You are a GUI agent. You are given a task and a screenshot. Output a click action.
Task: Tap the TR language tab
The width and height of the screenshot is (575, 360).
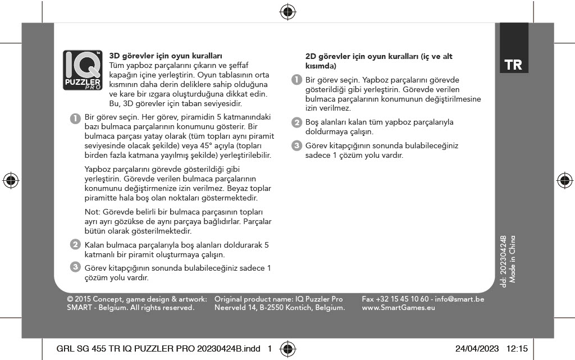(x=513, y=65)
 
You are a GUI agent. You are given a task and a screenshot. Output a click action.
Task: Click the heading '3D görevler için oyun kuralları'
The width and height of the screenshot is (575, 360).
(x=166, y=56)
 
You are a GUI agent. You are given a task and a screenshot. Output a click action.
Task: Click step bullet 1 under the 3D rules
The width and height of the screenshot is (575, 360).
(x=74, y=118)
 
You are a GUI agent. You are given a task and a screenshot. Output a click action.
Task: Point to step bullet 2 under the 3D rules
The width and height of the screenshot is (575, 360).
(x=74, y=245)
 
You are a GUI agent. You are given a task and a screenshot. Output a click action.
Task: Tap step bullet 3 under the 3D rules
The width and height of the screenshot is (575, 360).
(x=74, y=267)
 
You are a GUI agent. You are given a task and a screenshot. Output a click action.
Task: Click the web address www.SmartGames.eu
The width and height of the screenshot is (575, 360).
(x=399, y=308)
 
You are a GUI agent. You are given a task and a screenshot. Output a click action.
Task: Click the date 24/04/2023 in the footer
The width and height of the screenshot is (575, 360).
(x=477, y=349)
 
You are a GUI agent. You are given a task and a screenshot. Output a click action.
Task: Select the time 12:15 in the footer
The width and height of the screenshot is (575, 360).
(x=517, y=349)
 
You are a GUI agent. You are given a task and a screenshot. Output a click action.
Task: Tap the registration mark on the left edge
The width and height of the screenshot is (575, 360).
(x=10, y=180)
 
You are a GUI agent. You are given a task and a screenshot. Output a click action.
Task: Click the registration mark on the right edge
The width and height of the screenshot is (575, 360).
(x=564, y=180)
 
